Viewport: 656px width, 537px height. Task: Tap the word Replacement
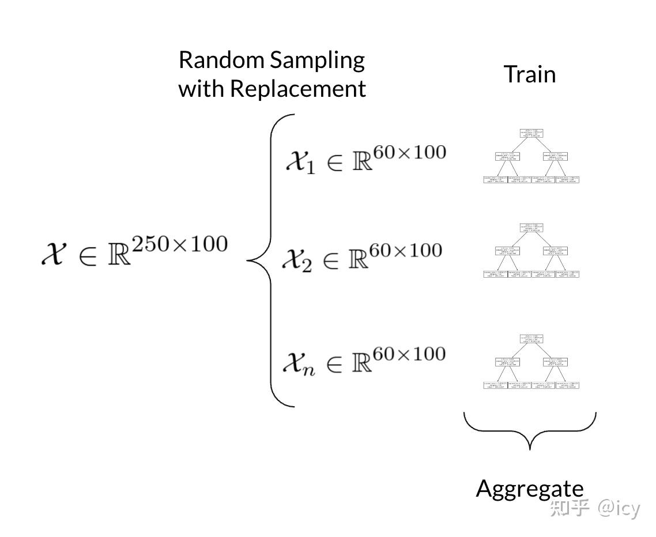(x=297, y=89)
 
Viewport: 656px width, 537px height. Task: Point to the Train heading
(x=529, y=74)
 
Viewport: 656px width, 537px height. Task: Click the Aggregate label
(x=529, y=489)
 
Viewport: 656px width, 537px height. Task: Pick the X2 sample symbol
(x=297, y=260)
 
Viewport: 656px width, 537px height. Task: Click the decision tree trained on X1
(x=531, y=156)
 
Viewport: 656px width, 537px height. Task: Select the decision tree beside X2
(x=531, y=251)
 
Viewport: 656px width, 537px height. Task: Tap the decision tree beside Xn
(x=531, y=361)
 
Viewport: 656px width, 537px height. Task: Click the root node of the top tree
(x=531, y=133)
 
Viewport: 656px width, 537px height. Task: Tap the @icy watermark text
(x=619, y=508)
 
